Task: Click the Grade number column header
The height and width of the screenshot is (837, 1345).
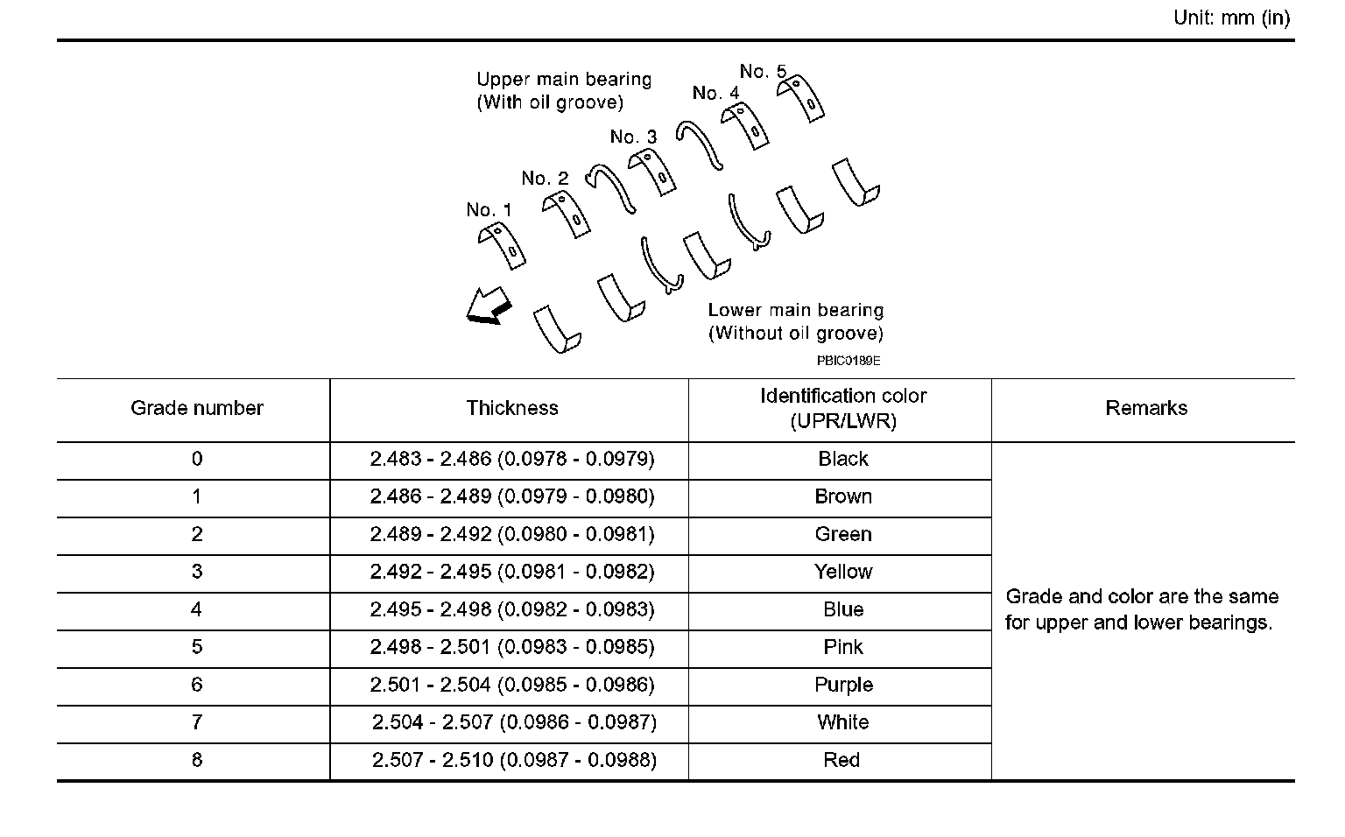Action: click(196, 408)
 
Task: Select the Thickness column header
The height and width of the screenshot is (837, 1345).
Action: click(511, 408)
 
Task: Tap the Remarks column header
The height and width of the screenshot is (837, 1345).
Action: click(1145, 408)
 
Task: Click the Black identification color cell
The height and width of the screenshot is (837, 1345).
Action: click(842, 459)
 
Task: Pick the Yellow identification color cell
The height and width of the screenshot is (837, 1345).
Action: click(842, 572)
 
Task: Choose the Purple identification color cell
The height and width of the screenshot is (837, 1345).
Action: click(842, 685)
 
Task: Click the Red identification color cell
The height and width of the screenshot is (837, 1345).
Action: click(841, 760)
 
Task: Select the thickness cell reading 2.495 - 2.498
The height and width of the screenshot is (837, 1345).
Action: click(511, 609)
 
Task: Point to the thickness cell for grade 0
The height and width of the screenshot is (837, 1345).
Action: click(511, 459)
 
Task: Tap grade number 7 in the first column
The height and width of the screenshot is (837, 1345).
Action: click(196, 722)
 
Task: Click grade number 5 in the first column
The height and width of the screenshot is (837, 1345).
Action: click(196, 647)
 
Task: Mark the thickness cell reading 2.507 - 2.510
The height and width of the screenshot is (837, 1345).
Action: click(513, 760)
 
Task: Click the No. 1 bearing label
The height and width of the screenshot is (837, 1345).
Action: click(489, 210)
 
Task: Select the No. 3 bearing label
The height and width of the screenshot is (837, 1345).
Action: click(633, 137)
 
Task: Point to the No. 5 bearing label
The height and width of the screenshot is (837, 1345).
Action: click(763, 71)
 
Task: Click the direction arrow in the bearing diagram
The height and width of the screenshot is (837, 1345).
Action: click(487, 306)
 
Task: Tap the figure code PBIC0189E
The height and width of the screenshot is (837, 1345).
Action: click(848, 360)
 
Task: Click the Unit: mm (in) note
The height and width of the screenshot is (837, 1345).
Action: click(1231, 18)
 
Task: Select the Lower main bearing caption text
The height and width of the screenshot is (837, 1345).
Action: click(795, 321)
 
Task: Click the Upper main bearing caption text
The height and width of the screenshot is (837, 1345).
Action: click(564, 91)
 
